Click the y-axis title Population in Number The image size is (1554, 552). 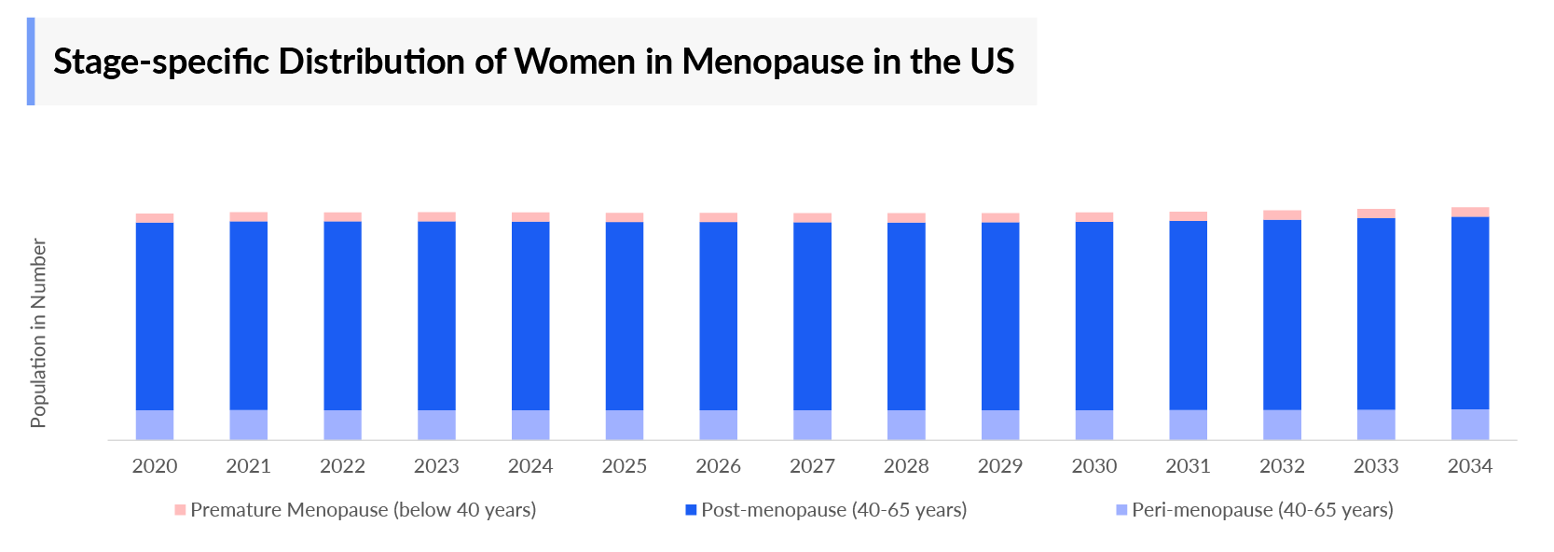pos(38,333)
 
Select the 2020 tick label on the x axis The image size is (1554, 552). pos(155,466)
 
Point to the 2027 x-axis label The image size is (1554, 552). pos(812,466)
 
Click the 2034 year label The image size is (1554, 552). pos(1469,466)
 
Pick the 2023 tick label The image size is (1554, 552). pos(436,466)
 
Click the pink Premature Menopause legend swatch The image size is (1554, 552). pos(180,510)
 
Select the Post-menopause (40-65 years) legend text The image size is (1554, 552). pos(833,510)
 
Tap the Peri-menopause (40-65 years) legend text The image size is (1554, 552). pos(1262,510)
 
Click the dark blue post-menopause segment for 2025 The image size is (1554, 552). pos(625,315)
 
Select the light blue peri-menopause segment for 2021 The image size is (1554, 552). pos(249,424)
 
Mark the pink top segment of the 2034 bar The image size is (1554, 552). pos(1469,212)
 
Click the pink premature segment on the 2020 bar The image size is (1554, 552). pos(155,218)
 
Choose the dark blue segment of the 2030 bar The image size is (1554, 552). pos(1093,315)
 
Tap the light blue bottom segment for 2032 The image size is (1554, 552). pos(1282,424)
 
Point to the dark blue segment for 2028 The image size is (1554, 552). pos(906,315)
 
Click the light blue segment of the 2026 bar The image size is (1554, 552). pos(718,424)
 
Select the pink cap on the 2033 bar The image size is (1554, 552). pos(1376,214)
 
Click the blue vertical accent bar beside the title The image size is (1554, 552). pos(31,62)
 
